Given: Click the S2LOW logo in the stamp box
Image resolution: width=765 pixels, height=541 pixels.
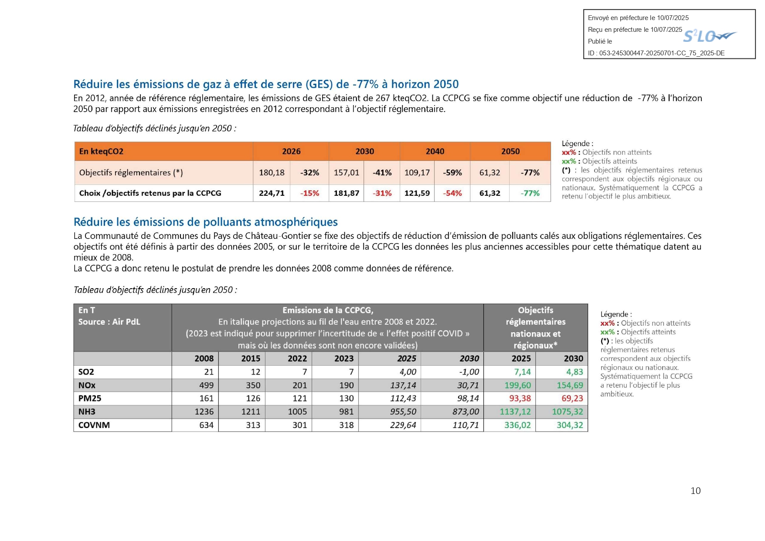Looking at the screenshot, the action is point(710,36).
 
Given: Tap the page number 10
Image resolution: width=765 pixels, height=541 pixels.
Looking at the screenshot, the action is point(695,491).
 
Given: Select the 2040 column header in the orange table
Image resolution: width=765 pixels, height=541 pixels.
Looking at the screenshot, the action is point(435,151).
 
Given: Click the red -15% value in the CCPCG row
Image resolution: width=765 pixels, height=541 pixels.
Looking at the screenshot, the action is point(310,193).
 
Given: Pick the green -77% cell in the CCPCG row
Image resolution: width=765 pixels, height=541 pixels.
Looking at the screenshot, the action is point(530,193).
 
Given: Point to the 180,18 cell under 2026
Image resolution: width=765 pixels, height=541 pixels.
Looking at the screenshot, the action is point(272,173).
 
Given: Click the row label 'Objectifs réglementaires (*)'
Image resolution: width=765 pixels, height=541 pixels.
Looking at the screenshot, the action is point(131,173).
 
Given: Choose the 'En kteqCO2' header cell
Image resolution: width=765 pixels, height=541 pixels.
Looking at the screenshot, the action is point(101,151).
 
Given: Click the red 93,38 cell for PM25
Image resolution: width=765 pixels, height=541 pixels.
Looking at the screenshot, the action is point(520,398).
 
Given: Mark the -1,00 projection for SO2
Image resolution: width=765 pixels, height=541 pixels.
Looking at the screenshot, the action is point(469,372).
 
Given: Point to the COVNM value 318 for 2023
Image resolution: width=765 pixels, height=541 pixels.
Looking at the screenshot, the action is point(347,425).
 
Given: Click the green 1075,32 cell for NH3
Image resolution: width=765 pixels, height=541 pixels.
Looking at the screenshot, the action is point(568,412).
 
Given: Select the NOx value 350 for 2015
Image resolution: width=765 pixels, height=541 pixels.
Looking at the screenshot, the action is point(253,385).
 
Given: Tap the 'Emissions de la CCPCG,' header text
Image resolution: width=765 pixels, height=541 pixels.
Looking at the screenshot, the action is point(328,310).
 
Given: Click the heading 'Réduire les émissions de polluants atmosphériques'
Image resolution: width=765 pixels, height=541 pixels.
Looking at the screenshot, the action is point(206,222).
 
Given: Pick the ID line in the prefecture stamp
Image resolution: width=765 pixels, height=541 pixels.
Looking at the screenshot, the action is point(656,53).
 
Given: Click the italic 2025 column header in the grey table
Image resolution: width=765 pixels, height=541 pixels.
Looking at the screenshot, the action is point(407,358).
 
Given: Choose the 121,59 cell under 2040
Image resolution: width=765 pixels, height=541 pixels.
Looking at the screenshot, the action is point(417,193).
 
